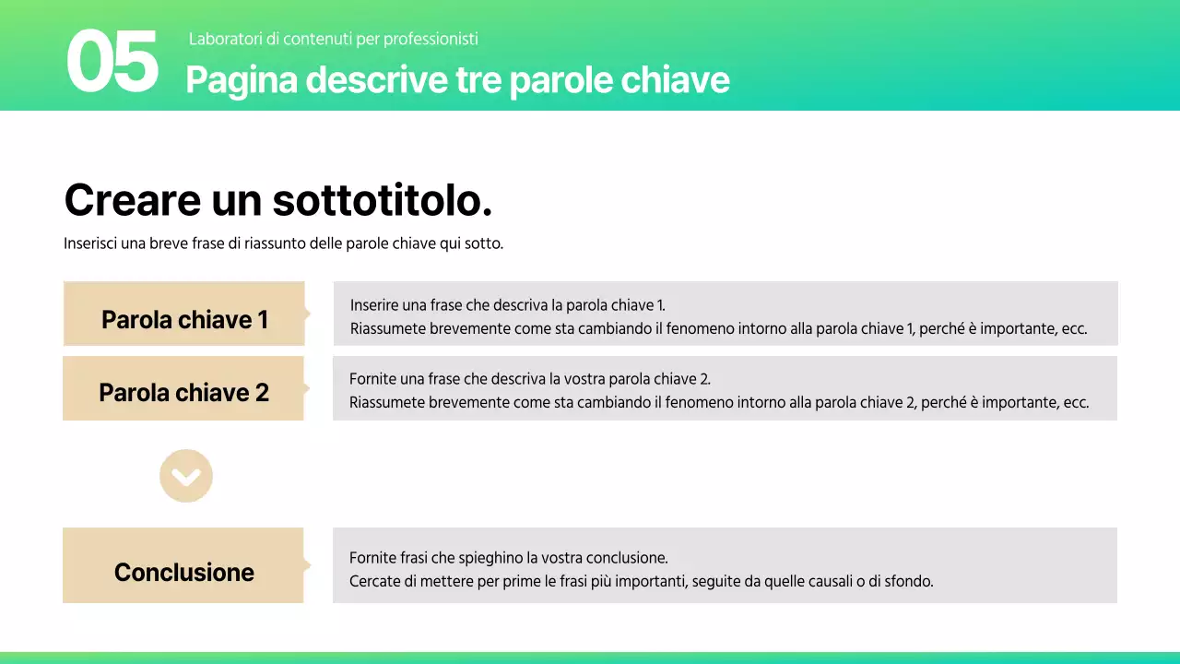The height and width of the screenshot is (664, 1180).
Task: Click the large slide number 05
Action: (x=112, y=62)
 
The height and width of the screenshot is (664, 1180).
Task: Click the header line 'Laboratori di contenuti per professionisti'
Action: (x=333, y=39)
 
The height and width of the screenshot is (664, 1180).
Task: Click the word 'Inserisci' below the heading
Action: (x=91, y=244)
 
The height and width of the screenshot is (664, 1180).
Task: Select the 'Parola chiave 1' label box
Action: (x=183, y=314)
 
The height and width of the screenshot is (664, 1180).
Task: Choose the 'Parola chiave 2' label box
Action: (x=183, y=388)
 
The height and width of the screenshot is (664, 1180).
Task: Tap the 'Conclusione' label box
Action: (x=183, y=565)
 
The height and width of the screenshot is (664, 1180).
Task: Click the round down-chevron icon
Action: (x=186, y=476)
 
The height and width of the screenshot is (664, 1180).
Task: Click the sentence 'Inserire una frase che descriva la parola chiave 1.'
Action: (x=507, y=305)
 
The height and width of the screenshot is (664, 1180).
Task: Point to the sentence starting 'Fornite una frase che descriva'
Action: (x=529, y=379)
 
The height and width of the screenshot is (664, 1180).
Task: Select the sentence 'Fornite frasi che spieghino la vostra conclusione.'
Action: (x=508, y=558)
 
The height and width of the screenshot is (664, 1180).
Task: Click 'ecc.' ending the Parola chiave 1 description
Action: (x=1074, y=329)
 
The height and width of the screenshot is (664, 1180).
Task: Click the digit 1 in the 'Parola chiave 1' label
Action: (x=262, y=320)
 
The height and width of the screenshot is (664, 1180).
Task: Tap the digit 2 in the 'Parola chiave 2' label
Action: (x=262, y=393)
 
